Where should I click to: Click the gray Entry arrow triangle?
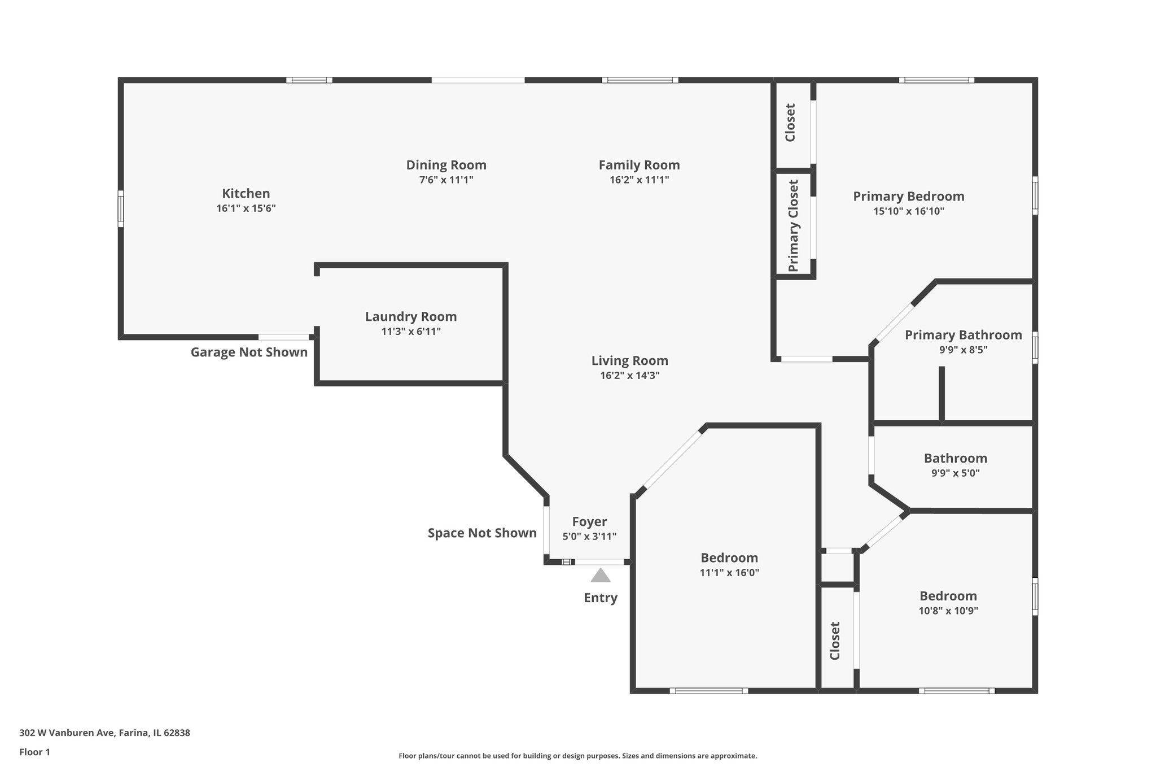(600, 576)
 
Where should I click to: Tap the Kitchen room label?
(246, 194)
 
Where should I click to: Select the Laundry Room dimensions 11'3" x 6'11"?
(411, 332)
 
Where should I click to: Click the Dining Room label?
(446, 165)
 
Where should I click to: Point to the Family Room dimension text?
(639, 180)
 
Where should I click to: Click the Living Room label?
(629, 360)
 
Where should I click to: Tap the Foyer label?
(589, 522)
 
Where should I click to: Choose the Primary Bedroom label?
(908, 197)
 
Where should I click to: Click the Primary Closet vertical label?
(794, 225)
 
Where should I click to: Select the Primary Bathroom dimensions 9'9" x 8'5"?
(963, 350)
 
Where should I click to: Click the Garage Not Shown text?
(249, 352)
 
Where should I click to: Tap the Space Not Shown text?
(482, 533)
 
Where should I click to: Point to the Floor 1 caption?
(34, 752)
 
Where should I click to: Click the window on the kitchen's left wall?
(120, 209)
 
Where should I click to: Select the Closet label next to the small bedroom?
(835, 641)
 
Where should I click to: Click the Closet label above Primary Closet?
(790, 123)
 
